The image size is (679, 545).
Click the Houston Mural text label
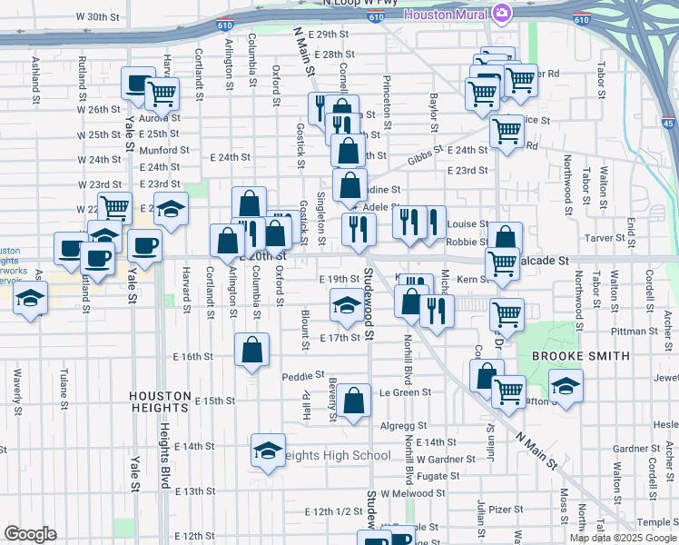click(x=446, y=15)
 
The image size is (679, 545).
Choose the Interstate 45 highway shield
click(x=669, y=124)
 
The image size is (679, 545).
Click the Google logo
click(x=30, y=534)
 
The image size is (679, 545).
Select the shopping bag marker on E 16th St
click(x=252, y=350)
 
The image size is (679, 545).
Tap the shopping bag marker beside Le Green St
click(x=355, y=399)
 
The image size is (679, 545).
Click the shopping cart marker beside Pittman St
click(x=507, y=315)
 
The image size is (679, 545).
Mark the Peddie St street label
click(x=303, y=375)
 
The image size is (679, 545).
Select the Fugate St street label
click(x=438, y=475)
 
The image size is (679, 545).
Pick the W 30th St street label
click(x=98, y=16)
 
